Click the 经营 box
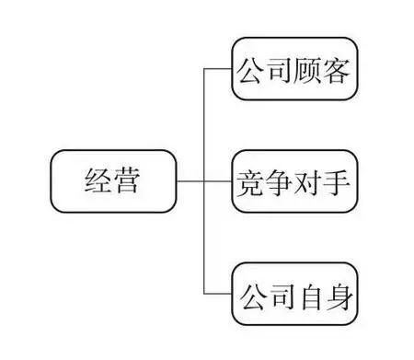point(113,181)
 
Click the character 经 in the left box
point(96,181)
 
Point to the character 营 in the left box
point(130,181)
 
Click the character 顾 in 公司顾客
point(311,69)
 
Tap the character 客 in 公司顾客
point(341,69)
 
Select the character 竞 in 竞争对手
point(250,181)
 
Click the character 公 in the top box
point(250,69)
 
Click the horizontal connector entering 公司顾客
point(217,69)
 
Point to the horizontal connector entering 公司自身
point(217,294)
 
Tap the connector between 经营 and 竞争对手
point(189,181)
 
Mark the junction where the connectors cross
point(203,181)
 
